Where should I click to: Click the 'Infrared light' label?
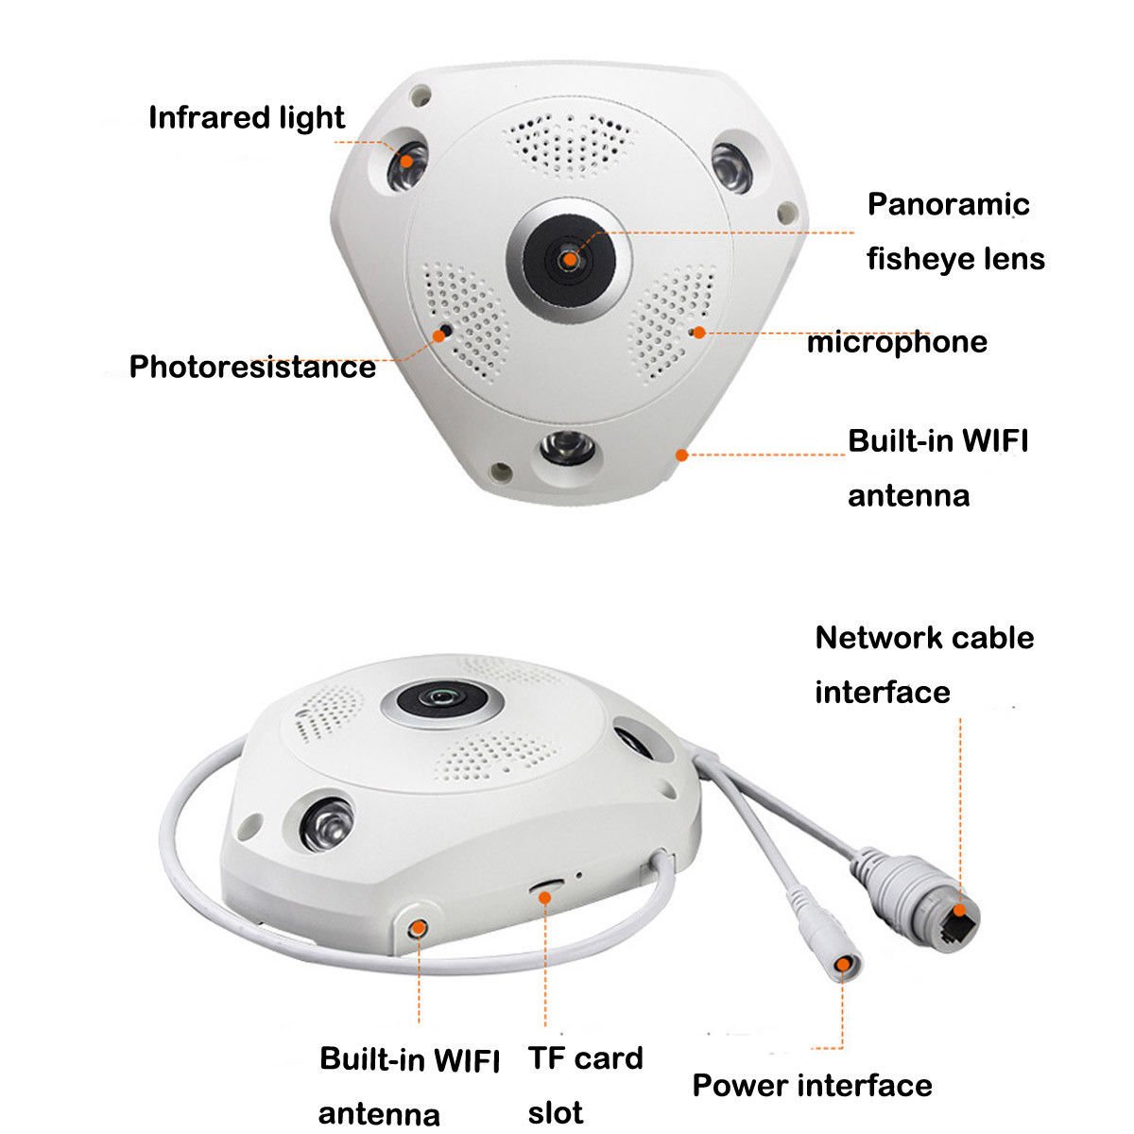[247, 118]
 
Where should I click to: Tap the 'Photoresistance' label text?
[252, 367]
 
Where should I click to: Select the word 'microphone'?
[897, 342]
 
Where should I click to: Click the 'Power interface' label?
[812, 1085]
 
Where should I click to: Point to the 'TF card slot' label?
[585, 1084]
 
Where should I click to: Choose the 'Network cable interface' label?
[924, 664]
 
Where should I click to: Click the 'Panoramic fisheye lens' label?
[955, 232]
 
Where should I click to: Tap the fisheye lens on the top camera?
[569, 256]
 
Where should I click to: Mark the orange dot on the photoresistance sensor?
[442, 332]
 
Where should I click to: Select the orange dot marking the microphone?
[697, 332]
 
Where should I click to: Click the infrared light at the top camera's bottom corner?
[566, 446]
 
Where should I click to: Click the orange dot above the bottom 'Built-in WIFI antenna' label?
[417, 927]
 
